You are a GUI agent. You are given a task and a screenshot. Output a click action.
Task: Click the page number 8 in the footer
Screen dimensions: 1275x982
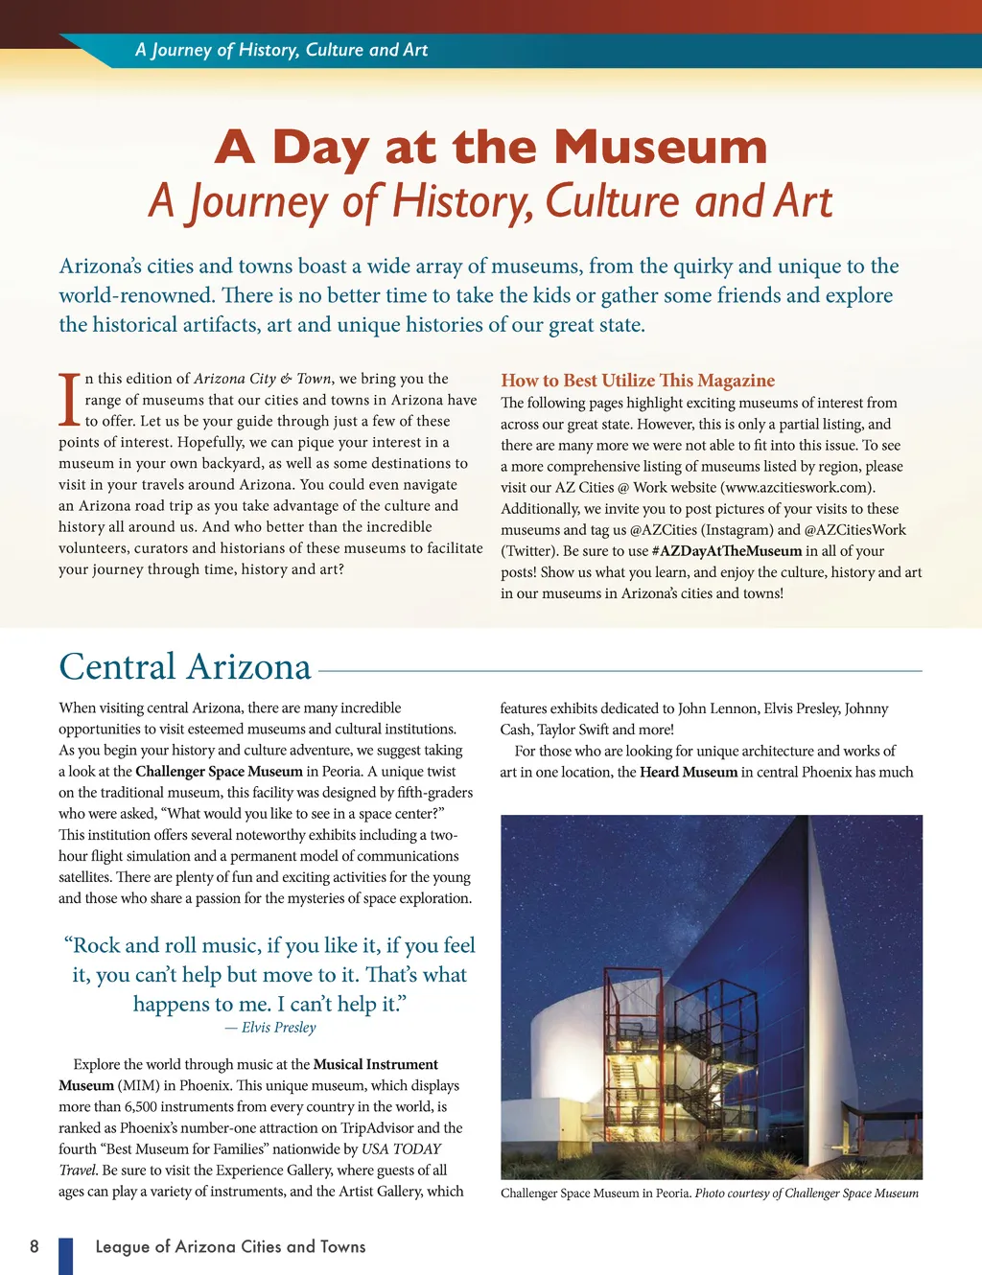point(35,1246)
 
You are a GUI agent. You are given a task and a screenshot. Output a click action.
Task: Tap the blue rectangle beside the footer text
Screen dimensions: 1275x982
point(65,1256)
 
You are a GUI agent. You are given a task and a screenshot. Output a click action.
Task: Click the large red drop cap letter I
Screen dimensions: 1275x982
point(69,400)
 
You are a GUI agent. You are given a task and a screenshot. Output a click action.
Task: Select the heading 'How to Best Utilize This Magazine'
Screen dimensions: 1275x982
point(638,381)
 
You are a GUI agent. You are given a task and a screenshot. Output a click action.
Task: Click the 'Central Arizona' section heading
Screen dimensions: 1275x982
point(185,667)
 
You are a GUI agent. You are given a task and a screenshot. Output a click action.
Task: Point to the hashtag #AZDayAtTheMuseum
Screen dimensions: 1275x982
point(726,551)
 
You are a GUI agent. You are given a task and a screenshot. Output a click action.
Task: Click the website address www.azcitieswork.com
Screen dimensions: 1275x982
point(797,488)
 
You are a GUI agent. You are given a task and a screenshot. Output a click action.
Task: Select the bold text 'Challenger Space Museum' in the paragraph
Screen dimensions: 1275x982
point(219,772)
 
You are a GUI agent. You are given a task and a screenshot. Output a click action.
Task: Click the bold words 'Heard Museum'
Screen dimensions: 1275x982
point(689,773)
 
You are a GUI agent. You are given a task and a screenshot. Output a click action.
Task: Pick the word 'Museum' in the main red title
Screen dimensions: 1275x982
point(661,148)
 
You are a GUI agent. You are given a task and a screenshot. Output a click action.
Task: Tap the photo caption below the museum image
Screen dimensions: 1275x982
point(709,1194)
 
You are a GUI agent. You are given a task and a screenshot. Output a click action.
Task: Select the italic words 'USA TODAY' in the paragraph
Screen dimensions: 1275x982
point(402,1149)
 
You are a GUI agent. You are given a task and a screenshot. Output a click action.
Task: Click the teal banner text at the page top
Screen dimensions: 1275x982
point(281,50)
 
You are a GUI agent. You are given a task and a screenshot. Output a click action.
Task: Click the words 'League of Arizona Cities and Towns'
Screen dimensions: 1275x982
point(230,1246)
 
